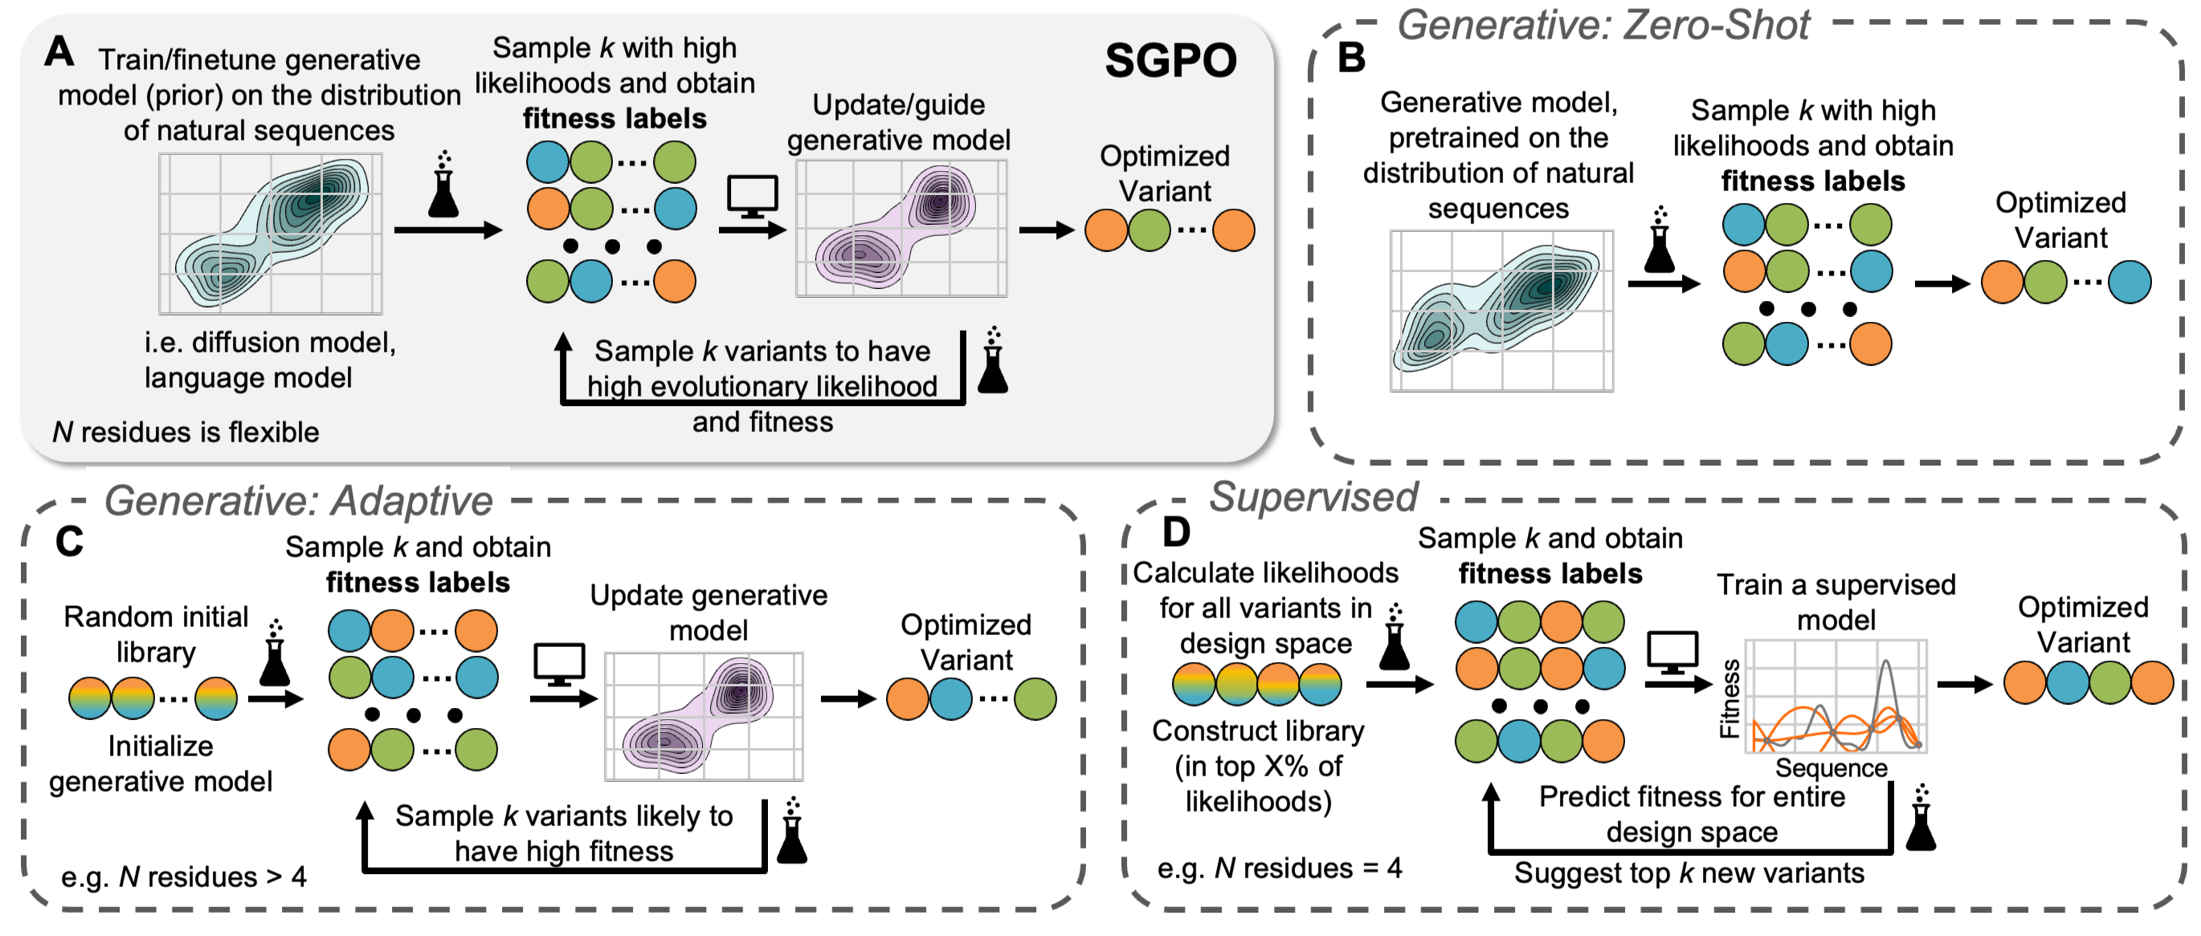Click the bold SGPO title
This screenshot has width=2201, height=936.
pos(1170,61)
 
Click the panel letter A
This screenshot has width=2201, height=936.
pos(59,51)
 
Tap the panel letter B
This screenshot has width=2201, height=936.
pos(1351,58)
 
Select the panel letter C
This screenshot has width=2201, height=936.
pos(69,540)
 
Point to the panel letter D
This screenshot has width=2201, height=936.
pos(1177,532)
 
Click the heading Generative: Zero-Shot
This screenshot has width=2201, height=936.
pos(1603,26)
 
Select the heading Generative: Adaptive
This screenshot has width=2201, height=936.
pos(298,500)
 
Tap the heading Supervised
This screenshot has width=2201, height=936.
pos(1313,497)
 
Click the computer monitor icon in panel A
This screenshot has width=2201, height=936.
pos(752,197)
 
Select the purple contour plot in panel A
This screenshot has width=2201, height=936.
pos(901,229)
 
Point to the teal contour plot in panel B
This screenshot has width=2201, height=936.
pos(1501,311)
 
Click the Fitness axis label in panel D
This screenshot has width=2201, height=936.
pos(1729,698)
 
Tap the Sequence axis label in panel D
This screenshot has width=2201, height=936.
pos(1831,767)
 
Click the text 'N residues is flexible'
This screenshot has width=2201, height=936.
pos(186,432)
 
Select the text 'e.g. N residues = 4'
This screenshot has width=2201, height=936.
pos(1279,868)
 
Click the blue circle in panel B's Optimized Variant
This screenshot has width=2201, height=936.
pos(2130,283)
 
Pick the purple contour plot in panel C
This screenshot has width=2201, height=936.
pos(704,717)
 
